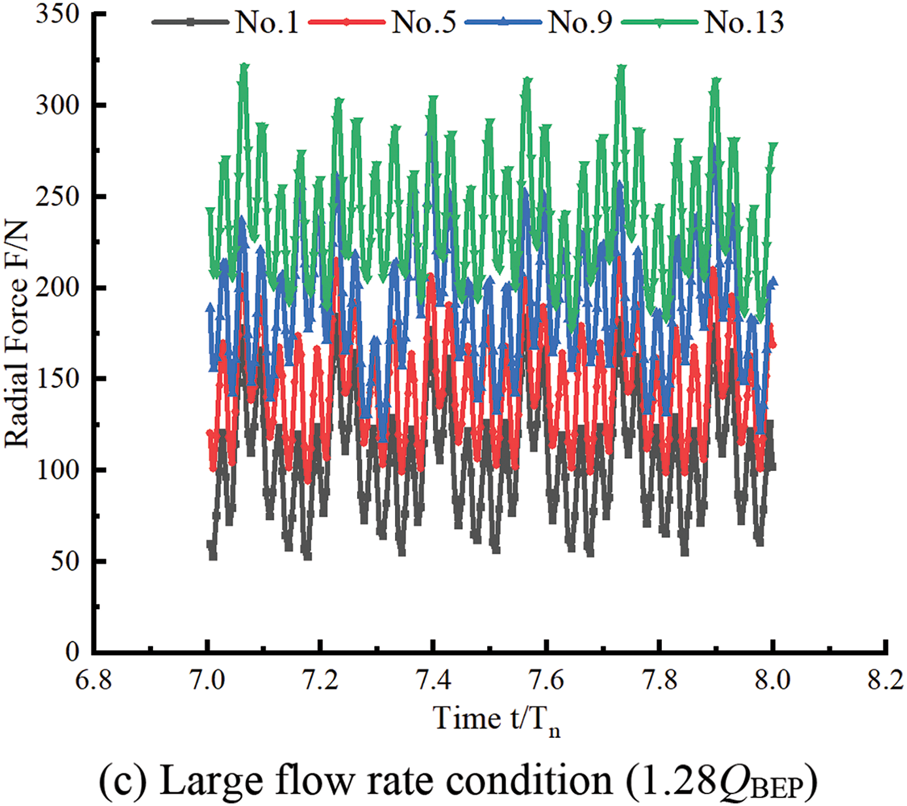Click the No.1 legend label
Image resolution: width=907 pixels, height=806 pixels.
[x=267, y=22]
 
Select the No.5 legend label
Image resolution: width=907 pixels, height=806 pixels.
[x=424, y=22]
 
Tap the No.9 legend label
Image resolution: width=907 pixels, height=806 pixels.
[x=580, y=22]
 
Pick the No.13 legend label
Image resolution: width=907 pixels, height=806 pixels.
[x=744, y=22]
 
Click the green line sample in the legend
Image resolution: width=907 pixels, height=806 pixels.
[x=659, y=22]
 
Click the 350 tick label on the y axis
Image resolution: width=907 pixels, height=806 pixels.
[x=58, y=14]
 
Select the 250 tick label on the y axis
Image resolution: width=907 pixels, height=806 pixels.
[x=58, y=196]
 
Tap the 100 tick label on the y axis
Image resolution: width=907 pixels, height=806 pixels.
[x=58, y=470]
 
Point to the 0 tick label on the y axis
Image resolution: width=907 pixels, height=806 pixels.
[x=73, y=652]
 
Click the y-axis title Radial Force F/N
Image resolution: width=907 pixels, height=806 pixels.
[x=18, y=334]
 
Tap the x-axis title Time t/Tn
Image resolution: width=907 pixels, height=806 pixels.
[x=497, y=720]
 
